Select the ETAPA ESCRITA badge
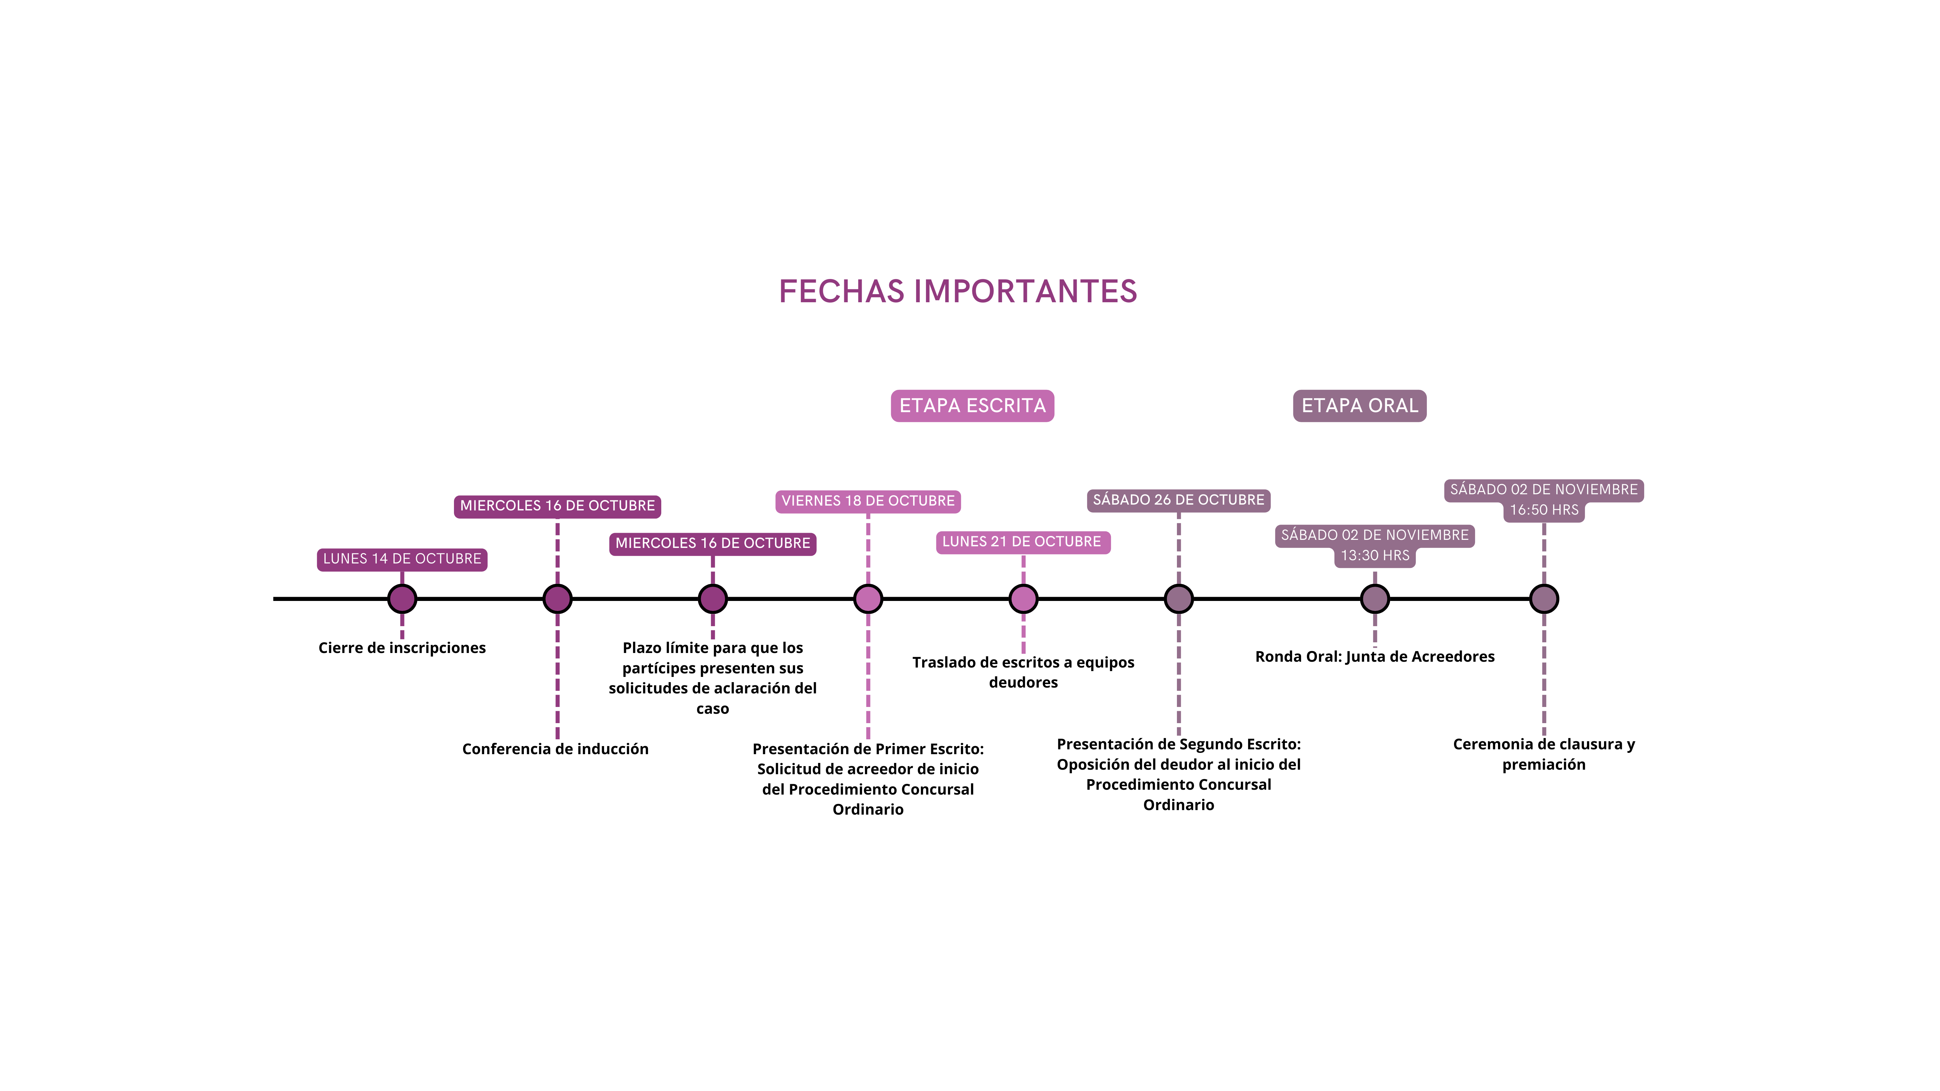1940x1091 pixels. [972, 406]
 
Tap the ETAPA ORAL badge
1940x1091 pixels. [1359, 406]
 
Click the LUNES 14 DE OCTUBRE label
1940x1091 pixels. [402, 559]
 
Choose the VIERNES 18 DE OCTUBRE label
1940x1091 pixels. [868, 501]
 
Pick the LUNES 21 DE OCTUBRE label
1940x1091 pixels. [1022, 541]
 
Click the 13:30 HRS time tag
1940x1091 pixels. [1374, 556]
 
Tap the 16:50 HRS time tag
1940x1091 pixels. [1544, 510]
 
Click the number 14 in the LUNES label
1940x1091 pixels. [380, 559]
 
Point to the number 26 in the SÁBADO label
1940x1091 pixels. [1162, 500]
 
